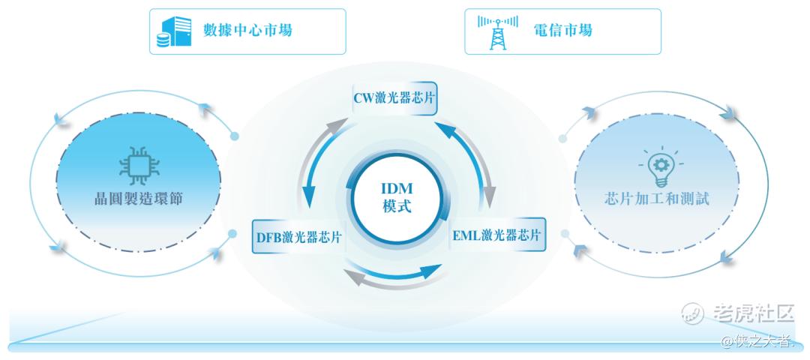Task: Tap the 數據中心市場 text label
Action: point(247,31)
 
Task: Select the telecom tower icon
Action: point(493,31)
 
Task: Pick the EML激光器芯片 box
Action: point(496,234)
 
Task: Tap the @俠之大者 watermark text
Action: point(757,342)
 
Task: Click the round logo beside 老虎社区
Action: point(691,313)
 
